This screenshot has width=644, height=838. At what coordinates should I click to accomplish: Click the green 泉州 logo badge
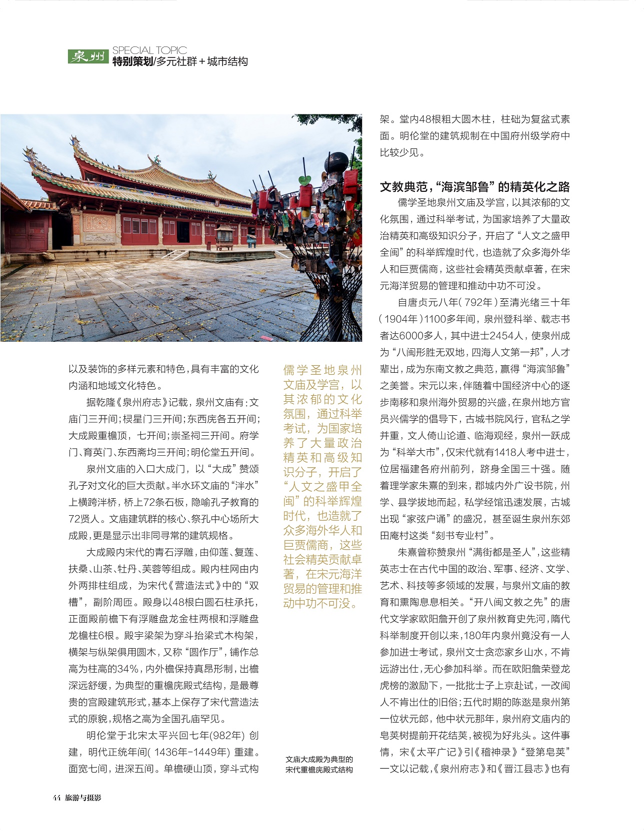(x=88, y=56)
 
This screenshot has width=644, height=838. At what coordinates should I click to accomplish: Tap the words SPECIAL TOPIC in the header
(x=149, y=50)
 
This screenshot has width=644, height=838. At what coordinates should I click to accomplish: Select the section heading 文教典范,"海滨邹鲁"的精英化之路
(x=474, y=187)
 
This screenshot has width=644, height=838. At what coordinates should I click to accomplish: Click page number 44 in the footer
(x=56, y=798)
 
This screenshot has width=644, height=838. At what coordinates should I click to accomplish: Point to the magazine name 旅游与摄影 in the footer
(x=83, y=798)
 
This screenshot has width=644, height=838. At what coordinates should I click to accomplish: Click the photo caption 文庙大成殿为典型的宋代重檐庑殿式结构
(x=319, y=765)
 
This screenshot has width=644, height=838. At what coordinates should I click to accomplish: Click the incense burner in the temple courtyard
(x=223, y=237)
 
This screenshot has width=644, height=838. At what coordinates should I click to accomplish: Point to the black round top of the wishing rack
(x=336, y=161)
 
